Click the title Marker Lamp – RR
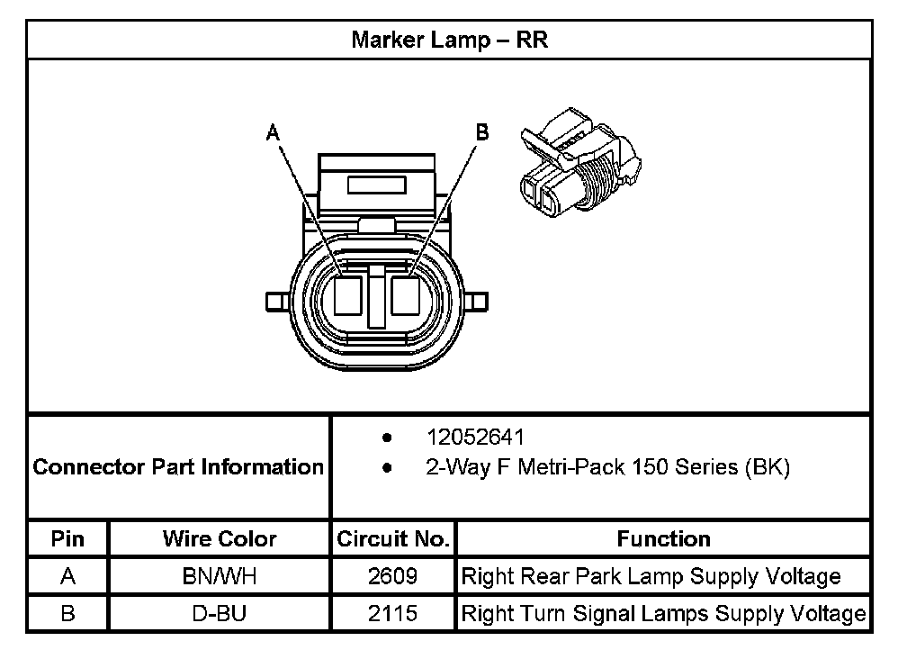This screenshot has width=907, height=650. pos(449,41)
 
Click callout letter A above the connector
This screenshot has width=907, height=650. pos(273,133)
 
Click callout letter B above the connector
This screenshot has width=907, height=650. pos(482,133)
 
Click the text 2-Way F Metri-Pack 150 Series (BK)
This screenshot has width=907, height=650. pos(607,467)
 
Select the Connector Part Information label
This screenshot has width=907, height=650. pos(178,467)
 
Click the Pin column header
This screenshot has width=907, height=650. pos(68,539)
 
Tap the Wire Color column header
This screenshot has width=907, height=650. pos(220,539)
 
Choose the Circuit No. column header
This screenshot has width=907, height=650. pos(393,539)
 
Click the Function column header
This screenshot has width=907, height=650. pos(664,539)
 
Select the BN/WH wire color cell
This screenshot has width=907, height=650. pos(220,576)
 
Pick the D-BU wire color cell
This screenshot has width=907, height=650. pos(220,614)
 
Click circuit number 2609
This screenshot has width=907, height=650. pos(393,576)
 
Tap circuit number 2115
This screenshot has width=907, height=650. pos(393,614)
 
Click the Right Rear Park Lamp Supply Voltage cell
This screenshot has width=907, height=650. pos(651,576)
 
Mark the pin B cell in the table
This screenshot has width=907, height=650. pos(68,614)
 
